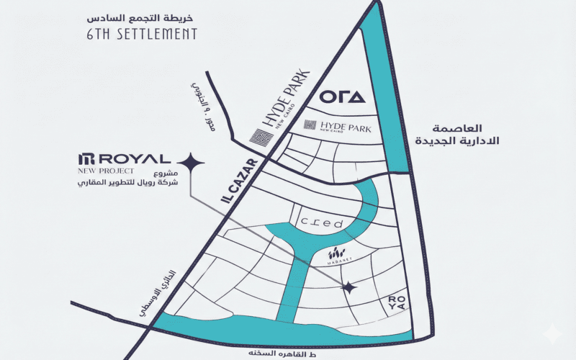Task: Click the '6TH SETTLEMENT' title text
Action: (141, 34)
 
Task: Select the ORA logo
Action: (343, 97)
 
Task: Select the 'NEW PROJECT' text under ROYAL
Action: (107, 171)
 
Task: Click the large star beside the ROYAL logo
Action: (192, 165)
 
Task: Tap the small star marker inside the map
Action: (349, 287)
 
